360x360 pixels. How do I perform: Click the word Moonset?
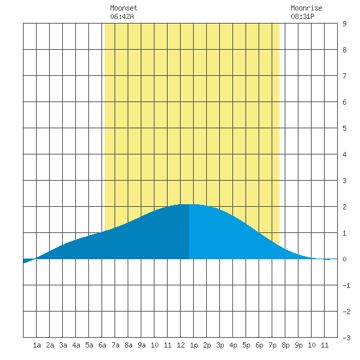(x=124, y=8)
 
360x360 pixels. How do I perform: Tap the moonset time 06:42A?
(x=122, y=16)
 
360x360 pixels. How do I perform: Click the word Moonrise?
(x=306, y=8)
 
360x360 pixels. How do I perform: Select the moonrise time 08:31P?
(x=302, y=16)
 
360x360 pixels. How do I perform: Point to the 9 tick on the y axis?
(x=344, y=24)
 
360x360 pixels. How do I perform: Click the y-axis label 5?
(x=344, y=128)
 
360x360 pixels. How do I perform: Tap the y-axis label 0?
(x=344, y=259)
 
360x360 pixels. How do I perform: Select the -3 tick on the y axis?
(x=346, y=338)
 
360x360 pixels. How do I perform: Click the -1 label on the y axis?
(x=346, y=285)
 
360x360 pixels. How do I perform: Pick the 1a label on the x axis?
(x=37, y=345)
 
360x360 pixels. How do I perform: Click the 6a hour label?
(x=102, y=345)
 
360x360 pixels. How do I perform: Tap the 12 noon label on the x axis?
(x=181, y=345)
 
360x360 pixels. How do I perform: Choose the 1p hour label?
(x=194, y=345)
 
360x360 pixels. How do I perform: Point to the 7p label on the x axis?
(x=272, y=345)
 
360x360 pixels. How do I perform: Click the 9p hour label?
(x=298, y=345)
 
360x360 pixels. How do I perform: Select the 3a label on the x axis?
(x=63, y=345)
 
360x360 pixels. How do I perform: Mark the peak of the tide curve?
(x=189, y=204)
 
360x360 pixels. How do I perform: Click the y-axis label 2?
(x=344, y=207)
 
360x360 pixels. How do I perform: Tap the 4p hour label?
(x=233, y=345)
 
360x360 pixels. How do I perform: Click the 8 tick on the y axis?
(x=344, y=50)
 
